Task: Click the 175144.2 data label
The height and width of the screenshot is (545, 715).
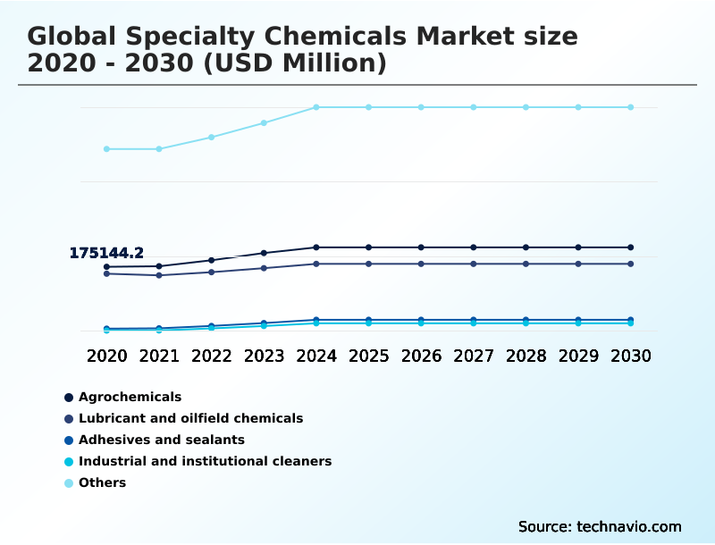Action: (x=106, y=254)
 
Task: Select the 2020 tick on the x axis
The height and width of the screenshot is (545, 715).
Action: (x=106, y=356)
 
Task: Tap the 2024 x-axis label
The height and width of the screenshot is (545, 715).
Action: (x=316, y=356)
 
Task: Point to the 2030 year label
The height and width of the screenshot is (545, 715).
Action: (x=630, y=356)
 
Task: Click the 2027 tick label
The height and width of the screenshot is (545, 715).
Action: (x=473, y=356)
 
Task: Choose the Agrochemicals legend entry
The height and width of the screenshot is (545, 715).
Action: (x=130, y=397)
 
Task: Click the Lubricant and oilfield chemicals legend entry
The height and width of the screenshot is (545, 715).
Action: (x=190, y=418)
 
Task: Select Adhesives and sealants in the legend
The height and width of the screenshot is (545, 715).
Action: (x=161, y=440)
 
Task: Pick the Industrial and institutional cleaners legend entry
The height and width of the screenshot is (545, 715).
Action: (x=205, y=461)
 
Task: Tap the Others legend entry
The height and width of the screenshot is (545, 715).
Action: (x=102, y=482)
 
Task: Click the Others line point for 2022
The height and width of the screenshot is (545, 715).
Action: (x=212, y=137)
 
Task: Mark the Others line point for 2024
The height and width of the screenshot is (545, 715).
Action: (x=316, y=107)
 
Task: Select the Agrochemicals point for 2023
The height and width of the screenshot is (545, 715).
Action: (x=264, y=253)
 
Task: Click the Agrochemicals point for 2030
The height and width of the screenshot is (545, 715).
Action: (x=630, y=247)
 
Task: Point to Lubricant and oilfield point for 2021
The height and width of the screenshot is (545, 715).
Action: (x=159, y=275)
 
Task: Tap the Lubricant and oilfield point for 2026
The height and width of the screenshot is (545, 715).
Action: (x=421, y=264)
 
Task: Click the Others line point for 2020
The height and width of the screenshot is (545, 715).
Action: (x=106, y=148)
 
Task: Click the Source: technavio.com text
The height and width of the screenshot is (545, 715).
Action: (x=600, y=526)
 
